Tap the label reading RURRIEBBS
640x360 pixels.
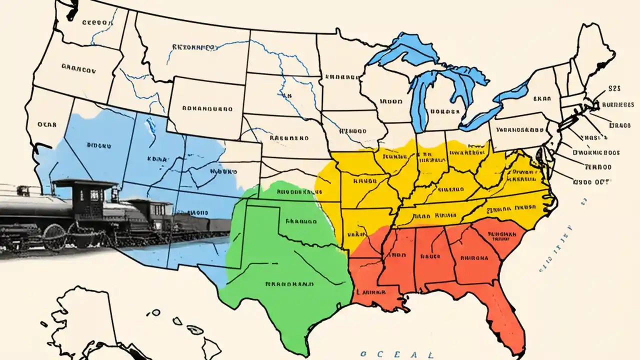[x=617, y=105]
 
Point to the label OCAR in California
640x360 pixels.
[x=48, y=125]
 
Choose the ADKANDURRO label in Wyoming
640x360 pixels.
[x=207, y=107]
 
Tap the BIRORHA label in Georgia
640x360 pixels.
[x=473, y=258]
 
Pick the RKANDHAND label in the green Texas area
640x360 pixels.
[x=289, y=283]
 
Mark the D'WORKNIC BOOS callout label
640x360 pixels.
[x=596, y=153]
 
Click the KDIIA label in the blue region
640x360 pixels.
[x=156, y=158]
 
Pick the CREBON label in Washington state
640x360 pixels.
[x=95, y=22]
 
